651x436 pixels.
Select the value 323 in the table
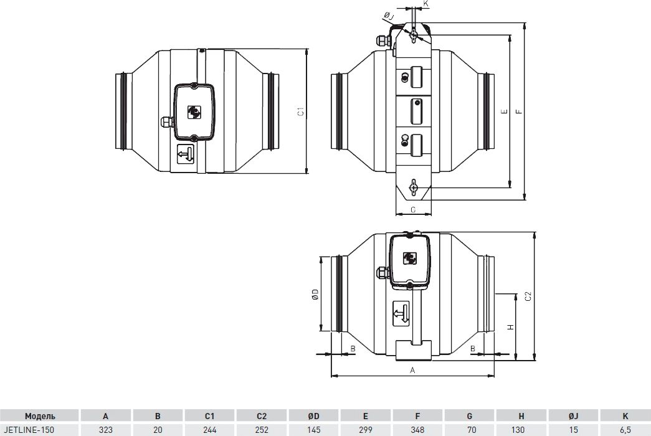(105, 430)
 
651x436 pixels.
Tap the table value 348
(417, 430)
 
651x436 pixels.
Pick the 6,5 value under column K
(625, 430)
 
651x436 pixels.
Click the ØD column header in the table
(314, 416)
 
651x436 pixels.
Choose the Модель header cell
(40, 416)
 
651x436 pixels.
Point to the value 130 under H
(521, 430)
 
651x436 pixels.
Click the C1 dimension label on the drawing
(301, 111)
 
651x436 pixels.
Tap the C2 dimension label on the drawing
(528, 296)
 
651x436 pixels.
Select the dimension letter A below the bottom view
(412, 371)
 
